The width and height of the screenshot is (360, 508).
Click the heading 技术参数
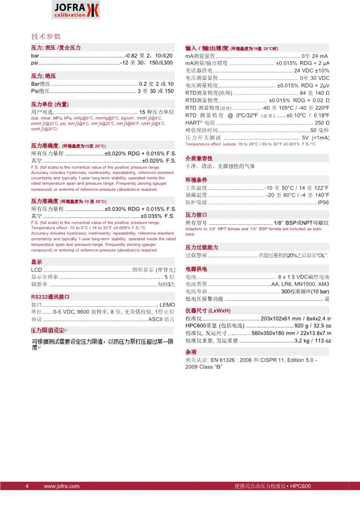[x=46, y=36]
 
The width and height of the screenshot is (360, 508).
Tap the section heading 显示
[x=36, y=262]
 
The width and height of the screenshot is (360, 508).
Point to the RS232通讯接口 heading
[x=50, y=297]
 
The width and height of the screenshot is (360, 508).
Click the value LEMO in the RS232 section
[x=167, y=305]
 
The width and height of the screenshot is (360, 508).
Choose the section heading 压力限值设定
[x=48, y=331]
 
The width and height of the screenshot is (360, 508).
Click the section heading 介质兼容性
[x=199, y=158]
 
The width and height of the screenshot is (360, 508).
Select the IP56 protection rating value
[x=323, y=202]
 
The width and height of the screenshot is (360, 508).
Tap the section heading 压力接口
[x=196, y=214]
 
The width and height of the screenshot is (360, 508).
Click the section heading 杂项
[x=191, y=352]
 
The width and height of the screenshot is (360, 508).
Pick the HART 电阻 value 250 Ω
[x=321, y=123]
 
